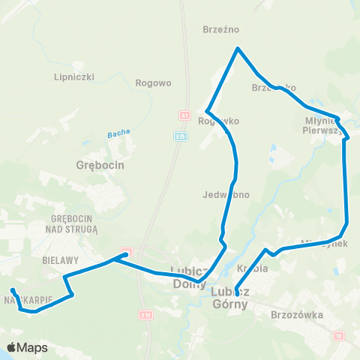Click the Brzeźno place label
click(x=220, y=30)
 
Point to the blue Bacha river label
click(x=118, y=133)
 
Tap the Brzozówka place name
click(x=298, y=316)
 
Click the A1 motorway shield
click(x=182, y=115)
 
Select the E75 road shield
click(x=181, y=136)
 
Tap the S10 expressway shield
click(x=146, y=316)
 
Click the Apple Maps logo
click(x=27, y=347)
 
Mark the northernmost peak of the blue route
click(x=238, y=49)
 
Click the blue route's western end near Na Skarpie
click(x=12, y=289)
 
